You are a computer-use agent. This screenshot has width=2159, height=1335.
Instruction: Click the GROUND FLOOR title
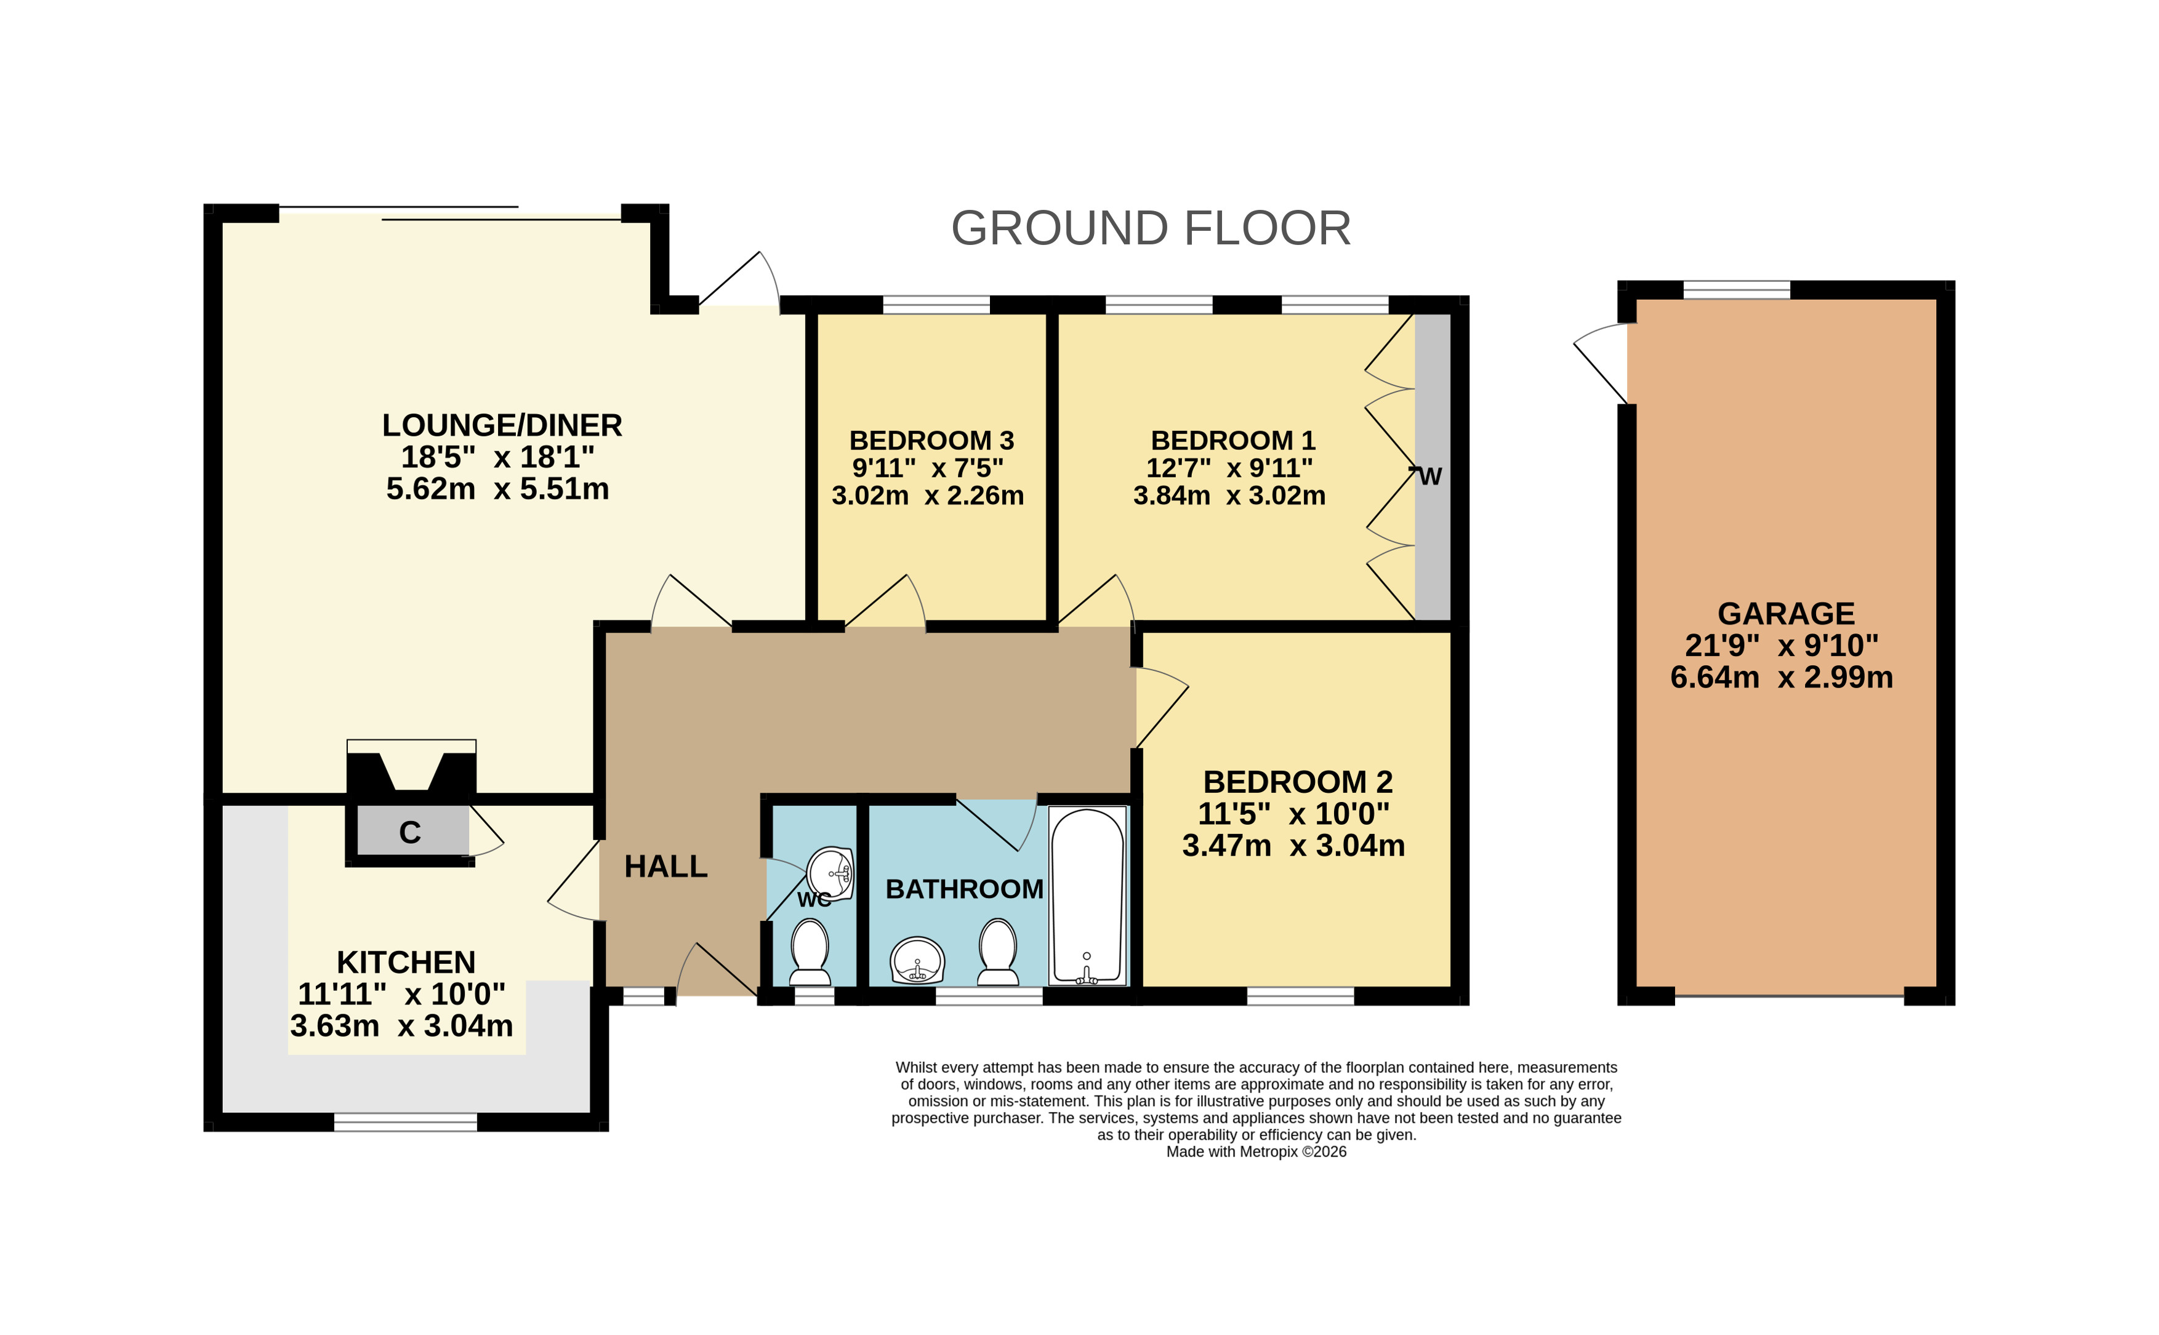[1150, 229]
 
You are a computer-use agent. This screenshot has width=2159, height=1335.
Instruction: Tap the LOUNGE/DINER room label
[502, 425]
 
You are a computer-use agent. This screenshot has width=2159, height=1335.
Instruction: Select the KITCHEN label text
[406, 963]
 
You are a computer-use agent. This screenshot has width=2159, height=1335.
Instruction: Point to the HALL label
[666, 867]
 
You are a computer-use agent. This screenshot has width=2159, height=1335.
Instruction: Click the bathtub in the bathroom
[1087, 896]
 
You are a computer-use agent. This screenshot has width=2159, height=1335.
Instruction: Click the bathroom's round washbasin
[917, 961]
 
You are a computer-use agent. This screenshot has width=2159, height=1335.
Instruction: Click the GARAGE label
[1785, 614]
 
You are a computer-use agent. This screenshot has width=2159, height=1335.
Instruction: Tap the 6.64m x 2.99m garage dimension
[1781, 677]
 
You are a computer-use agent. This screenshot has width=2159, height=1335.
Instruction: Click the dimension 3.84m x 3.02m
[1229, 495]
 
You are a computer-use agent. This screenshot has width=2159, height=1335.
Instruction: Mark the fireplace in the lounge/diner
[411, 766]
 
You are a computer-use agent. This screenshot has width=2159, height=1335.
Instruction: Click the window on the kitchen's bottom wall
[405, 1122]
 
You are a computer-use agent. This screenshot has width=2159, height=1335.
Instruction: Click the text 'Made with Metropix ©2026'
[1256, 1152]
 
